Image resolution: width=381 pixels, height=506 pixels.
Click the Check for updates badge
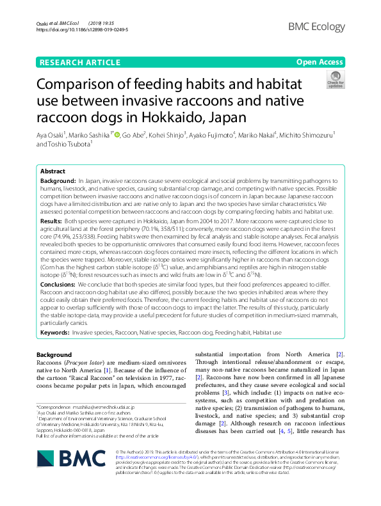335,81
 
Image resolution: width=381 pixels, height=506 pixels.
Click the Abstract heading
53,172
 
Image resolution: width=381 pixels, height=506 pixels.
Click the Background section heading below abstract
54,354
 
